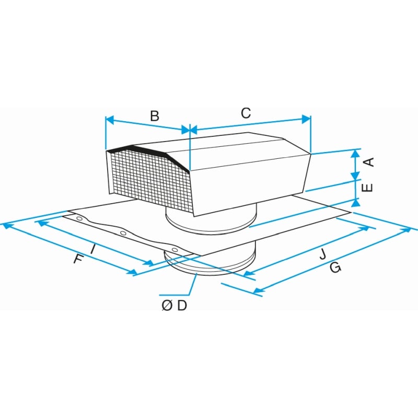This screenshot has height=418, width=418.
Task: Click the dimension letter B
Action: pos(155,116)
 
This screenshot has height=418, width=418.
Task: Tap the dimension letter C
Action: pos(246,113)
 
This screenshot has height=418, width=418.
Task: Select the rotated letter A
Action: pos(369,162)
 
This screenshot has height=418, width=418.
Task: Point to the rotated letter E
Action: pos(367,188)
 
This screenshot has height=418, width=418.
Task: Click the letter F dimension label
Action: pos(79,259)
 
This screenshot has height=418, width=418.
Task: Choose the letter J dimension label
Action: pos(323,253)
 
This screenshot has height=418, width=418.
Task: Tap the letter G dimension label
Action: pos(335,268)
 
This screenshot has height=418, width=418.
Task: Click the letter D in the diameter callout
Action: pos(182,306)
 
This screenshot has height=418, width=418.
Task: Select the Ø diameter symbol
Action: pos(167,306)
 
